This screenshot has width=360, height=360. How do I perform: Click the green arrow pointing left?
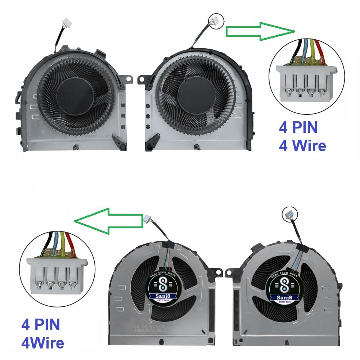[108, 221]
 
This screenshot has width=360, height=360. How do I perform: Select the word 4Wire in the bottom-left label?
[42, 342]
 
